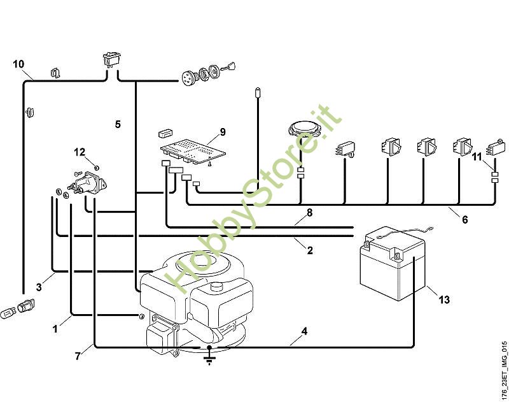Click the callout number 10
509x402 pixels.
tap(18, 64)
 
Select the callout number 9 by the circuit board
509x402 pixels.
tap(223, 132)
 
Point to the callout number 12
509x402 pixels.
tap(80, 152)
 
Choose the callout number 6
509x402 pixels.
tap(464, 220)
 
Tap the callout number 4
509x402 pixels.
tap(304, 332)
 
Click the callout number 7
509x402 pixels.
tap(78, 356)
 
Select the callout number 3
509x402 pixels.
tap(39, 287)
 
